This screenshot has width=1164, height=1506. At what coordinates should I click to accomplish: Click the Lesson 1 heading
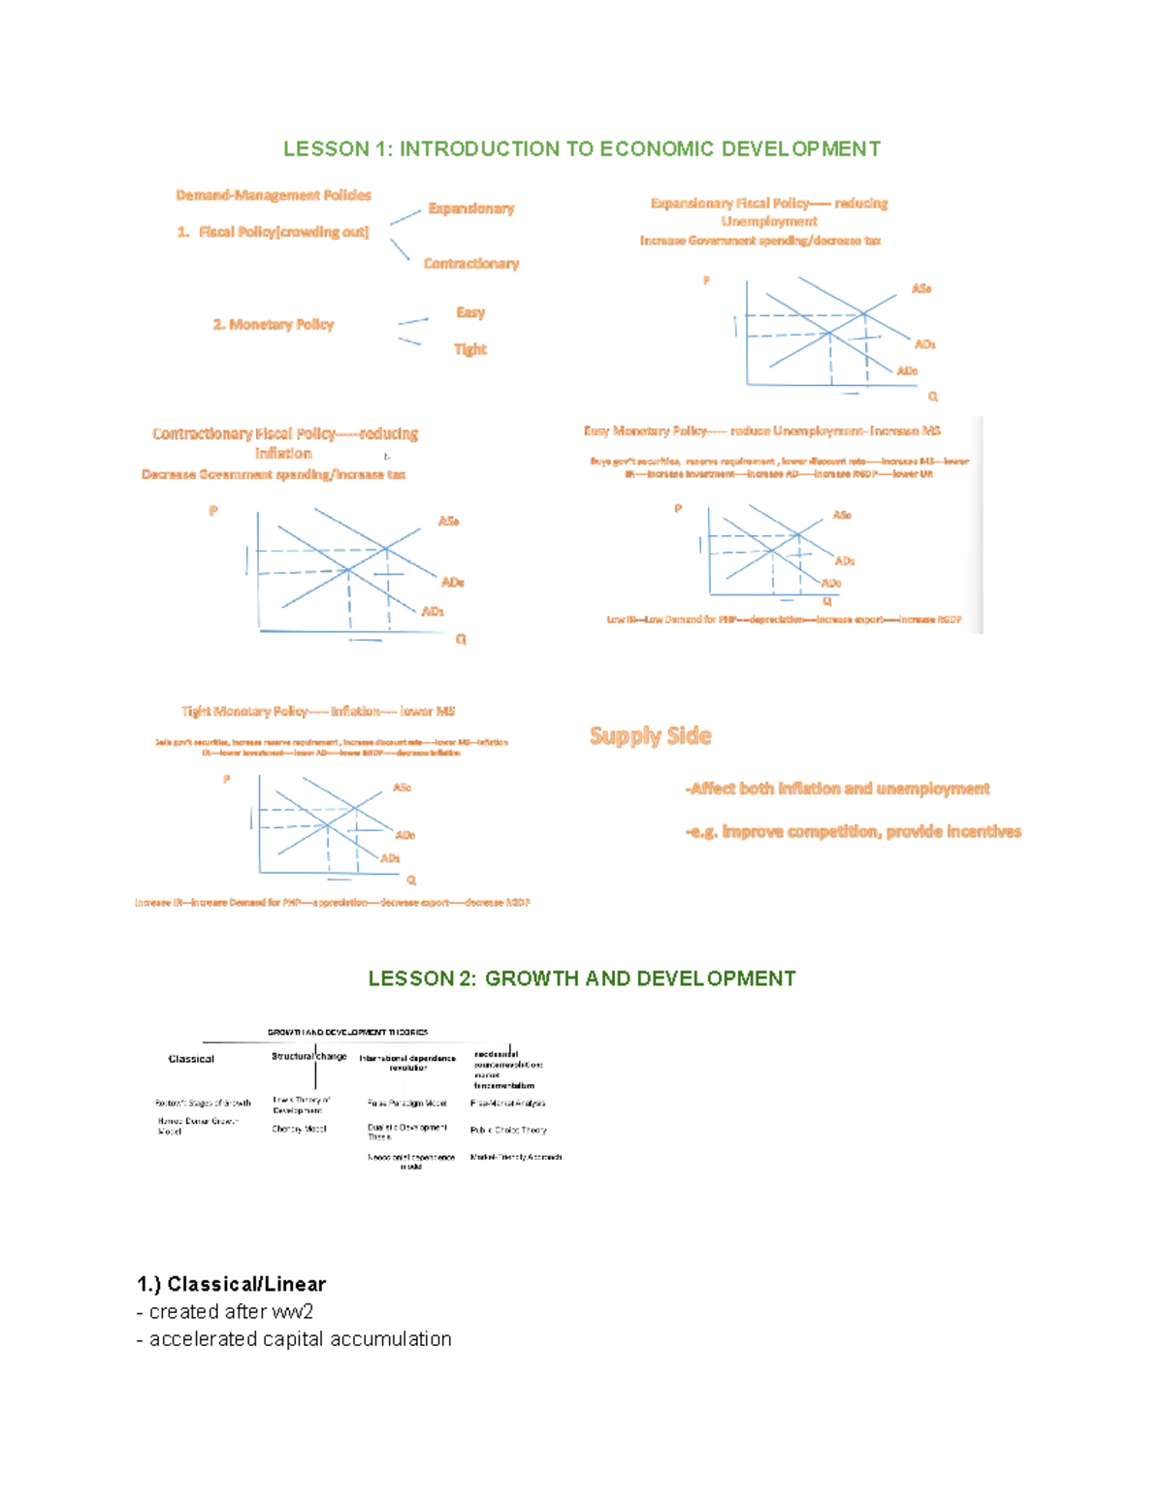[x=581, y=148]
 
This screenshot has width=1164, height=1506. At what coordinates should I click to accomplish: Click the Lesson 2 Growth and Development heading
[x=581, y=978]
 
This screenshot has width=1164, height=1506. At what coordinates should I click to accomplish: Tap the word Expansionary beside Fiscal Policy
[x=471, y=208]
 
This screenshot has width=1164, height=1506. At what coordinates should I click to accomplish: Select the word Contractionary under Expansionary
[x=471, y=264]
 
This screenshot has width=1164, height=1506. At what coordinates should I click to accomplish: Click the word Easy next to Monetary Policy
[x=470, y=312]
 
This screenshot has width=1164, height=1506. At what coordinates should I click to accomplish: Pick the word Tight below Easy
[x=470, y=349]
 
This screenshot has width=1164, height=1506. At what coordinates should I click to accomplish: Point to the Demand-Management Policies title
[x=274, y=195]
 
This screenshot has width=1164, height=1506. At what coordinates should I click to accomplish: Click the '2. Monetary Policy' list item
[x=274, y=325]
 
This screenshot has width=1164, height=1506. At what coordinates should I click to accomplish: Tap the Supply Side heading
[x=650, y=736]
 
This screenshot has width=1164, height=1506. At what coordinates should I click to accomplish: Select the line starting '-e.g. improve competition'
[x=853, y=831]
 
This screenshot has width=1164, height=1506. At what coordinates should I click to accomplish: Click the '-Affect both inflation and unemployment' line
[x=837, y=788]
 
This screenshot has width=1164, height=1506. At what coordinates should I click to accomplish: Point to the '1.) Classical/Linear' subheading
[x=231, y=1284]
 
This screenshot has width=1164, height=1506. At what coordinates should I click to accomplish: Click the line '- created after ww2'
[x=225, y=1311]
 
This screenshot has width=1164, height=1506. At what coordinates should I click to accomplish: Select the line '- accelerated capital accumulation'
[x=294, y=1338]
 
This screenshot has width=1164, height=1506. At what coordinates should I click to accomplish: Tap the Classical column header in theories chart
[x=191, y=1059]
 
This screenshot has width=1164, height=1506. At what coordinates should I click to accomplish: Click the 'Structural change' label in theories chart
[x=308, y=1056]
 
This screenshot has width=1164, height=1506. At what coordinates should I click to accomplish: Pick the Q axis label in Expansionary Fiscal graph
[x=933, y=397]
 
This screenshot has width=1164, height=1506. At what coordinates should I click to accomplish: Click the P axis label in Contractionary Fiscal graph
[x=213, y=511]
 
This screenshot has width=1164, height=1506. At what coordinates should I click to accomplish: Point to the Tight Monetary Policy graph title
[x=318, y=712]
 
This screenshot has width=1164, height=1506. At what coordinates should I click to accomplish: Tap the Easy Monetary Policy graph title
[x=761, y=431]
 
